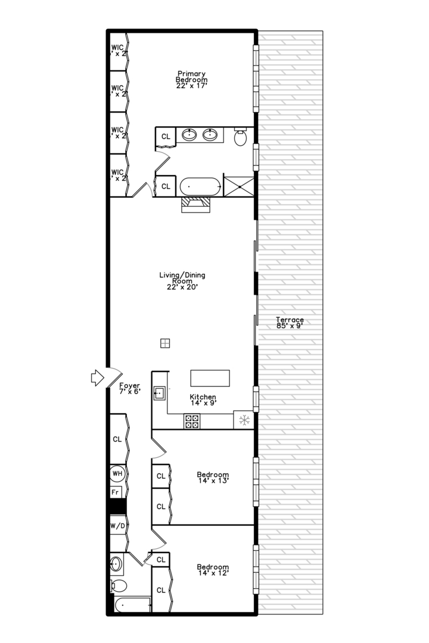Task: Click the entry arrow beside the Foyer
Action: point(95,376)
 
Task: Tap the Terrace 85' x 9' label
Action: point(290,323)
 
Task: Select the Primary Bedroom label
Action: point(191,80)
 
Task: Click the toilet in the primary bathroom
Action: point(241,138)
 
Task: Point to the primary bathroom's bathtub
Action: point(200,186)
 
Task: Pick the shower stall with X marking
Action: point(239,186)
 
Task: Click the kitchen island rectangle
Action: point(210,379)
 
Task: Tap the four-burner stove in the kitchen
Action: point(192,421)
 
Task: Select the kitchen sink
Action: point(160,393)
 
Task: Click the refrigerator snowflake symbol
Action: point(243,420)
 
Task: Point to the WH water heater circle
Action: point(117,474)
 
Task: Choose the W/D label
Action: point(117,526)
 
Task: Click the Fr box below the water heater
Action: point(116,492)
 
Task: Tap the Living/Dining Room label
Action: point(182,280)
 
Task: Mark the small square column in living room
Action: point(165,343)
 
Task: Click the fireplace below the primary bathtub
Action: point(196,204)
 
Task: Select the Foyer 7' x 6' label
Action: point(129,389)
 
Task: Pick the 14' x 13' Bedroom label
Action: point(213,477)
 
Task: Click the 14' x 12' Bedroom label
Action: point(213,570)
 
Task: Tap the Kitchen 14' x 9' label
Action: point(203,400)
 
